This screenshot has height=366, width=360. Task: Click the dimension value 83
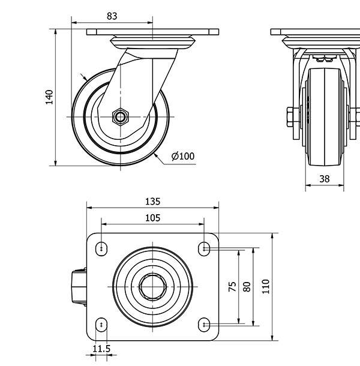(112, 16)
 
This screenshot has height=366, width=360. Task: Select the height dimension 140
(50, 97)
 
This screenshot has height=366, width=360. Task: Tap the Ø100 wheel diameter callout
(183, 157)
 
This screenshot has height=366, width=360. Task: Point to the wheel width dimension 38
(324, 178)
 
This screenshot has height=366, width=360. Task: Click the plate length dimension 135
(153, 202)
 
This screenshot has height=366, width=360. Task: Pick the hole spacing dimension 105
(153, 218)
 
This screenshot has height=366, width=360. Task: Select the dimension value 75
(233, 286)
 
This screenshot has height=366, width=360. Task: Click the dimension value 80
(246, 286)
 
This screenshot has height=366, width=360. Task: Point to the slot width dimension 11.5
(101, 349)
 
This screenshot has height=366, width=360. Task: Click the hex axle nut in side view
(121, 116)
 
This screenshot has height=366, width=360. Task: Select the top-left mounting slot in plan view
(102, 247)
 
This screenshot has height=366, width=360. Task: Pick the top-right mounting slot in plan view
(204, 247)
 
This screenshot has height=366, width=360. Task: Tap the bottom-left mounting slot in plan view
(102, 325)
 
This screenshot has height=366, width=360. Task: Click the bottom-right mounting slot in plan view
(204, 325)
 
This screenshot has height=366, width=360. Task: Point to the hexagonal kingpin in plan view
(153, 286)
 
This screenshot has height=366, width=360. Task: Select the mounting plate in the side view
(153, 32)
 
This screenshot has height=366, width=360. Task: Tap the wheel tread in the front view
(324, 117)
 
